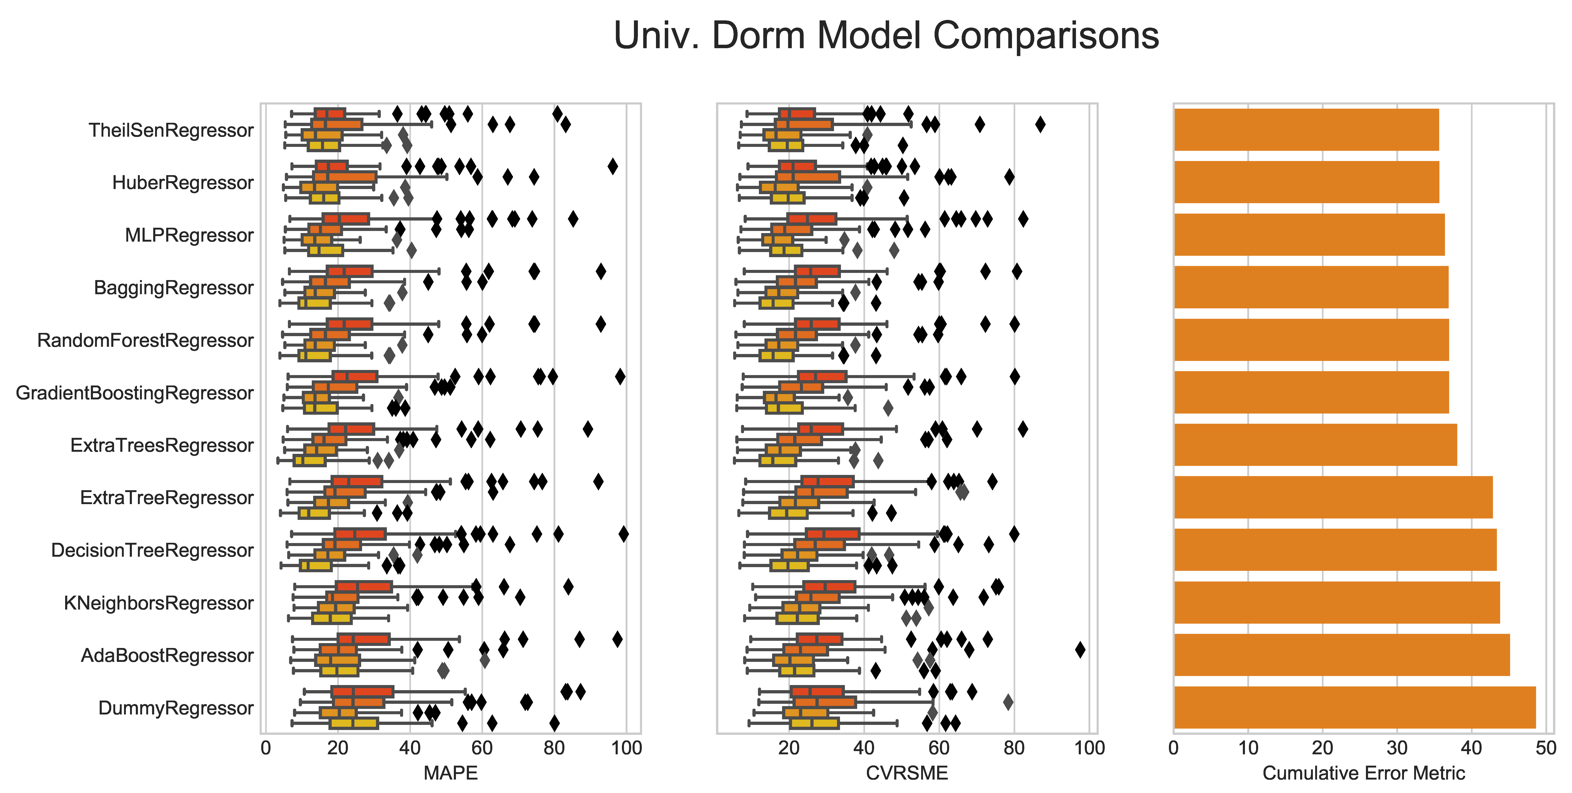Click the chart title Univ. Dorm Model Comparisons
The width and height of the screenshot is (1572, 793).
[886, 35]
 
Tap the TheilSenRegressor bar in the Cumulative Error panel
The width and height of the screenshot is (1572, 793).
[1306, 129]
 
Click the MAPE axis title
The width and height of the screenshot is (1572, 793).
[450, 773]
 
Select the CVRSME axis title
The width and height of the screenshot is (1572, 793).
[907, 773]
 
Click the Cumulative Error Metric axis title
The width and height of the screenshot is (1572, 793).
[1363, 773]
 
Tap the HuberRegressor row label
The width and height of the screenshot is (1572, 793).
[182, 182]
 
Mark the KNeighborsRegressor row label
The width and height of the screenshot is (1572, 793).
[159, 603]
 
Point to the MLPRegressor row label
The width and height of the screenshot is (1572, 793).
[189, 235]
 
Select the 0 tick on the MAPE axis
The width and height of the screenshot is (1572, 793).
[265, 748]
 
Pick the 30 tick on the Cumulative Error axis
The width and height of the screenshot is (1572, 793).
[1397, 748]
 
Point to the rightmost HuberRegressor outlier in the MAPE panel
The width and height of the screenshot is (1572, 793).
[613, 166]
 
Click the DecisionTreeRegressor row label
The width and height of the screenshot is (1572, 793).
[152, 550]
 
